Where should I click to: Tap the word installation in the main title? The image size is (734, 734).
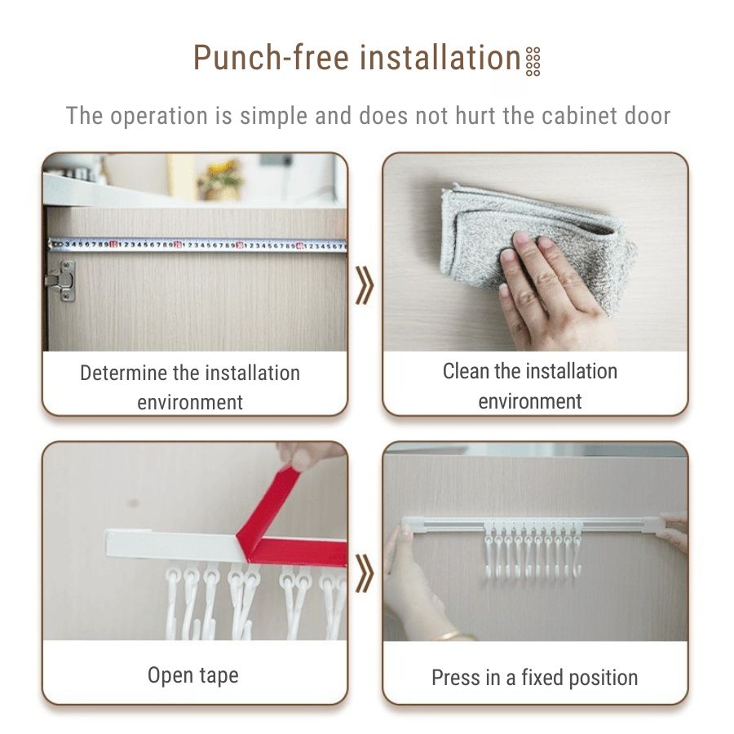click(x=440, y=59)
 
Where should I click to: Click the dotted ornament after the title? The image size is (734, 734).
click(x=533, y=61)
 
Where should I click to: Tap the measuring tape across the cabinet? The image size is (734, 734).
click(x=196, y=244)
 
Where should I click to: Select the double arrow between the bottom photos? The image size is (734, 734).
click(x=365, y=576)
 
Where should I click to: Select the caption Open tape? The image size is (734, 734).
click(x=193, y=675)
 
